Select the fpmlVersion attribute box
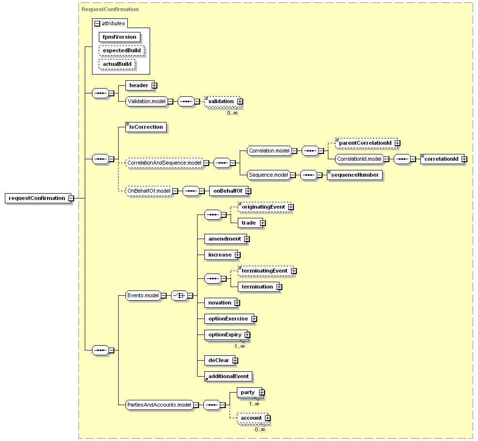(x=120, y=37)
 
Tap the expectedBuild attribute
(x=122, y=51)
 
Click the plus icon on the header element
(x=154, y=86)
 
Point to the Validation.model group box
(x=147, y=101)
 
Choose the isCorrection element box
(x=146, y=127)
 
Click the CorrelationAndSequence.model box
(x=164, y=163)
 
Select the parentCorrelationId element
(x=366, y=143)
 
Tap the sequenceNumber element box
(x=355, y=175)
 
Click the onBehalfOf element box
(x=228, y=191)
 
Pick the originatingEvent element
(x=264, y=207)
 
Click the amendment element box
(x=226, y=239)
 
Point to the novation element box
(x=221, y=303)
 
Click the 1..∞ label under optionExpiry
(x=240, y=346)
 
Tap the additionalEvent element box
(x=228, y=377)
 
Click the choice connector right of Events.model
(x=179, y=295)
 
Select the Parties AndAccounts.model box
(x=159, y=405)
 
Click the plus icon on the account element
(x=267, y=418)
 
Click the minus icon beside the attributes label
(x=97, y=23)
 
